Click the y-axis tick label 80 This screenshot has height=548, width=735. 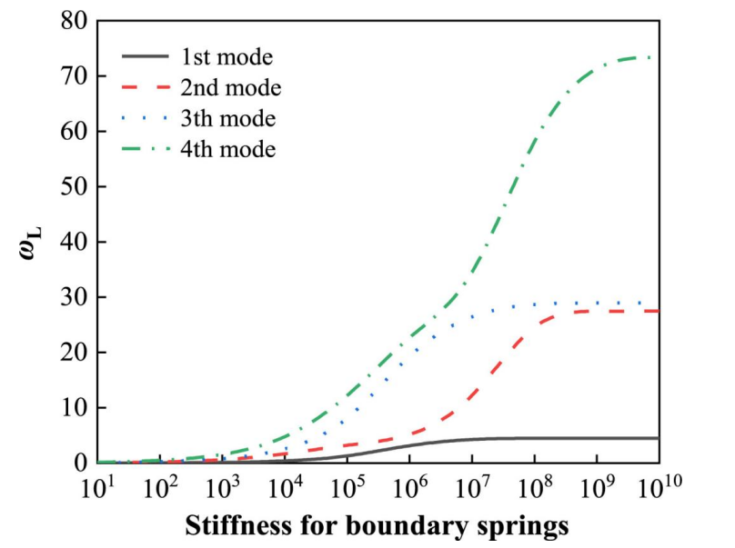pyautogui.click(x=75, y=21)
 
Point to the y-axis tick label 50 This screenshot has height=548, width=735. pyautogui.click(x=75, y=187)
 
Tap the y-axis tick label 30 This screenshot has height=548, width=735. pyautogui.click(x=75, y=297)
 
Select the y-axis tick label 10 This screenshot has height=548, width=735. pyautogui.click(x=75, y=408)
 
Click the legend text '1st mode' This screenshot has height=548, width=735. pyautogui.click(x=227, y=57)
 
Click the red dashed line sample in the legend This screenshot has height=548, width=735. pyautogui.click(x=146, y=87)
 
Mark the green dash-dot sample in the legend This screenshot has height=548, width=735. pyautogui.click(x=146, y=148)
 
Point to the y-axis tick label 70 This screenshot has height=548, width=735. pyautogui.click(x=75, y=76)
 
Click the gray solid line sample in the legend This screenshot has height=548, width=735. pyautogui.click(x=146, y=57)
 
